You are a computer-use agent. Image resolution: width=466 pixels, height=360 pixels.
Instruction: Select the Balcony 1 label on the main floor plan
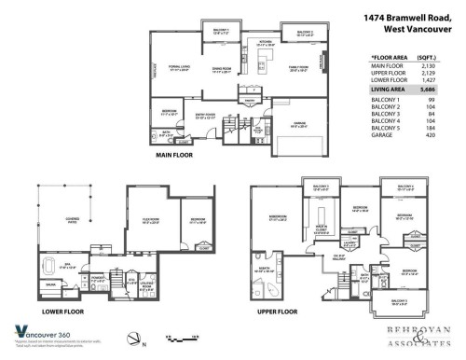click(223, 33)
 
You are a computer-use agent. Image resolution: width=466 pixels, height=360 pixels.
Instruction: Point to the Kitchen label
click(265, 43)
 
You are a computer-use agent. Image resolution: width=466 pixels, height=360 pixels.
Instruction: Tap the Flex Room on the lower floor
click(153, 223)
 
